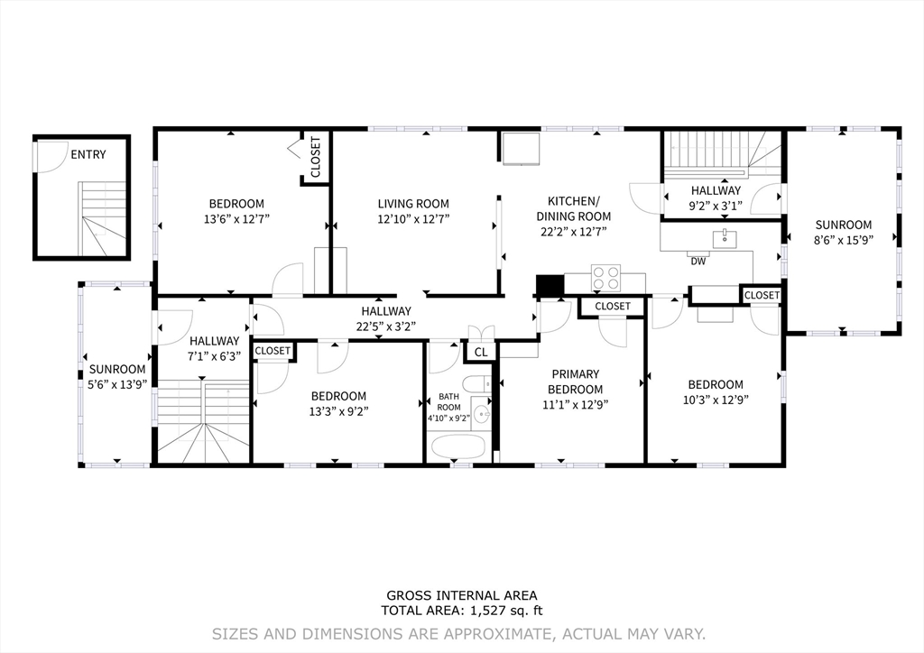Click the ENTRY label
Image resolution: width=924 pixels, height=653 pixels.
click(88, 154)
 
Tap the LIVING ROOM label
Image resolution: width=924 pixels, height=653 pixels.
click(413, 204)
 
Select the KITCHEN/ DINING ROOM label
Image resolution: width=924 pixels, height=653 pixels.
click(573, 208)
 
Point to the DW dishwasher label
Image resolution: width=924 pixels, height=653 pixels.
click(698, 262)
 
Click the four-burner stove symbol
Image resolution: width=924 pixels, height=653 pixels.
click(605, 277)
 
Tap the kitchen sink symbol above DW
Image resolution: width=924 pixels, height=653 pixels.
click(721, 238)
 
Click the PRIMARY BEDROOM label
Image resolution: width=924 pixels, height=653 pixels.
click(576, 382)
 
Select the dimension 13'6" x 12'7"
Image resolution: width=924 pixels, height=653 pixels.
click(237, 218)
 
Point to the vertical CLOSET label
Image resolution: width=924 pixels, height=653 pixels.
click(315, 157)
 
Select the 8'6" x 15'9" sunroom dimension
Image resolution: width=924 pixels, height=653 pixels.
click(844, 239)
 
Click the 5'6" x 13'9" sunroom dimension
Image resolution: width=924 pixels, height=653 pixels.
click(117, 383)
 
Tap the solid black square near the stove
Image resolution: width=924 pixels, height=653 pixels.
click(549, 285)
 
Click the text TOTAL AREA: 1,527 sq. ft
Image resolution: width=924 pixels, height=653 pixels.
click(461, 610)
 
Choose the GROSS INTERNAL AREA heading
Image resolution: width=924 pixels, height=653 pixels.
click(461, 595)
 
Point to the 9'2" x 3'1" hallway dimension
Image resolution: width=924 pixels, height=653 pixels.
click(716, 205)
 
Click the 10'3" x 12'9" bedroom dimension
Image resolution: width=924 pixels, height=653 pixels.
click(716, 399)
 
